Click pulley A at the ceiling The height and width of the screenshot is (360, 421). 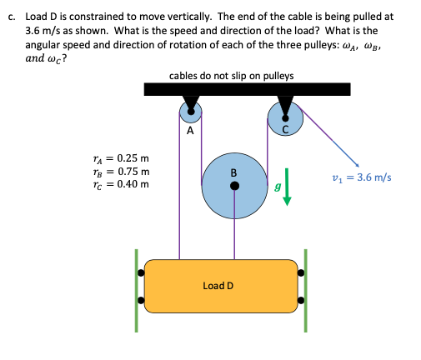(x=190, y=114)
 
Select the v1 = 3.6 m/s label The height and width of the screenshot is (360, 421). (x=361, y=177)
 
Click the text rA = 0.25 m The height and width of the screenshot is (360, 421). (x=122, y=157)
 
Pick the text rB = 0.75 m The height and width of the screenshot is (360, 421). (x=122, y=171)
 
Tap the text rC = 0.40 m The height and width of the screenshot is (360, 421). (x=122, y=183)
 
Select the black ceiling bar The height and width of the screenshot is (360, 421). (x=246, y=89)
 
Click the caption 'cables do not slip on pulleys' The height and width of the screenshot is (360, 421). (x=231, y=76)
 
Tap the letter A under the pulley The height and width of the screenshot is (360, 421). (x=190, y=131)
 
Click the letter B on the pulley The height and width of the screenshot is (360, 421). (x=234, y=172)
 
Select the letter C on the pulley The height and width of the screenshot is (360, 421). (x=286, y=127)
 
